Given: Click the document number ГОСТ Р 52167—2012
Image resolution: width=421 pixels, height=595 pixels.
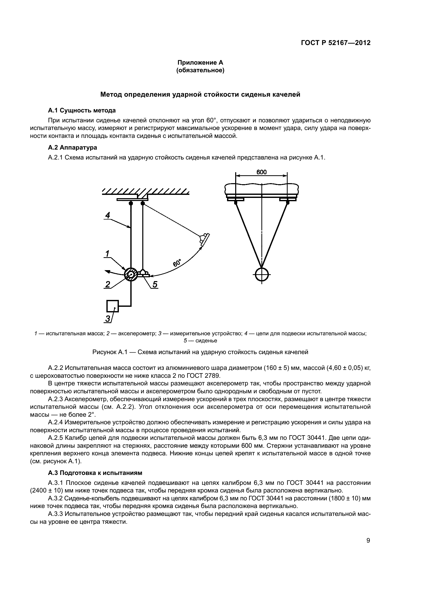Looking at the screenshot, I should click(335, 43).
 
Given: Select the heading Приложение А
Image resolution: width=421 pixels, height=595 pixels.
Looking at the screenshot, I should click(200, 63).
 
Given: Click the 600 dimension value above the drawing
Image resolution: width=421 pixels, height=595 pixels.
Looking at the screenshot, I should click(261, 172).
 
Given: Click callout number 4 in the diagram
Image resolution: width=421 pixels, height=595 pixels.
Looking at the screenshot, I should click(108, 215).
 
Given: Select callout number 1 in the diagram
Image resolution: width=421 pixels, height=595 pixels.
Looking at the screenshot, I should click(107, 253).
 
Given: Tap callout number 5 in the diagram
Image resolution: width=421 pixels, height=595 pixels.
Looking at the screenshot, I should click(155, 284).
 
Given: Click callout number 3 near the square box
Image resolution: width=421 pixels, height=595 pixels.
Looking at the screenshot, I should click(107, 318).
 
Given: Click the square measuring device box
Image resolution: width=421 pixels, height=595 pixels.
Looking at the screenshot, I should click(113, 306).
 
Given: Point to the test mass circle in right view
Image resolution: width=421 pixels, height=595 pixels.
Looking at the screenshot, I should click(262, 274).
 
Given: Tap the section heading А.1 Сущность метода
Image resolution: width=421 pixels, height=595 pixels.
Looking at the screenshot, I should click(82, 110).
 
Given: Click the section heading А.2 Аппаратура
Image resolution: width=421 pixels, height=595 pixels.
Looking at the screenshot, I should click(73, 148).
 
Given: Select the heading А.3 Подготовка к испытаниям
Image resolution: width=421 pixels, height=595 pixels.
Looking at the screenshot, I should click(95, 473).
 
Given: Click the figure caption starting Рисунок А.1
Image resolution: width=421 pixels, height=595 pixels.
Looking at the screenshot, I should click(200, 352).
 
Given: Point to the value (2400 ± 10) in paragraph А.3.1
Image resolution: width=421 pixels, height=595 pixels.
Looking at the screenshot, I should click(46, 490).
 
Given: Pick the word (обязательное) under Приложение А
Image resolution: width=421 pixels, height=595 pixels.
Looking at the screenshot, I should click(200, 70).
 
